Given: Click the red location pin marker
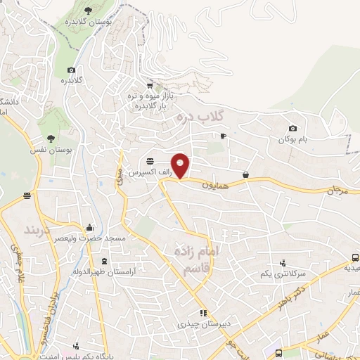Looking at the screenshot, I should (181, 165).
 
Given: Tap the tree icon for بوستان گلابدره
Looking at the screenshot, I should (88, 10).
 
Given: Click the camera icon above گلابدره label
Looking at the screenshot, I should (71, 70).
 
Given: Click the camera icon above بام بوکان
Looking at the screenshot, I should (293, 129).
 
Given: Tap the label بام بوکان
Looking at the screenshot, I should (294, 140).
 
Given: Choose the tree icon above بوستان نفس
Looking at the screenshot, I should (51, 139).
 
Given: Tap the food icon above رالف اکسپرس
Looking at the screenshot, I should (150, 161).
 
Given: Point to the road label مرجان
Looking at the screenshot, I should (337, 190).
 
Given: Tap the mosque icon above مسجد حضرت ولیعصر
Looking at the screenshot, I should (89, 228).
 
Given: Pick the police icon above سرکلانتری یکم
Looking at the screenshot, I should (283, 262).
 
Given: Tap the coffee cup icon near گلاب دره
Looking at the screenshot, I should (223, 136).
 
